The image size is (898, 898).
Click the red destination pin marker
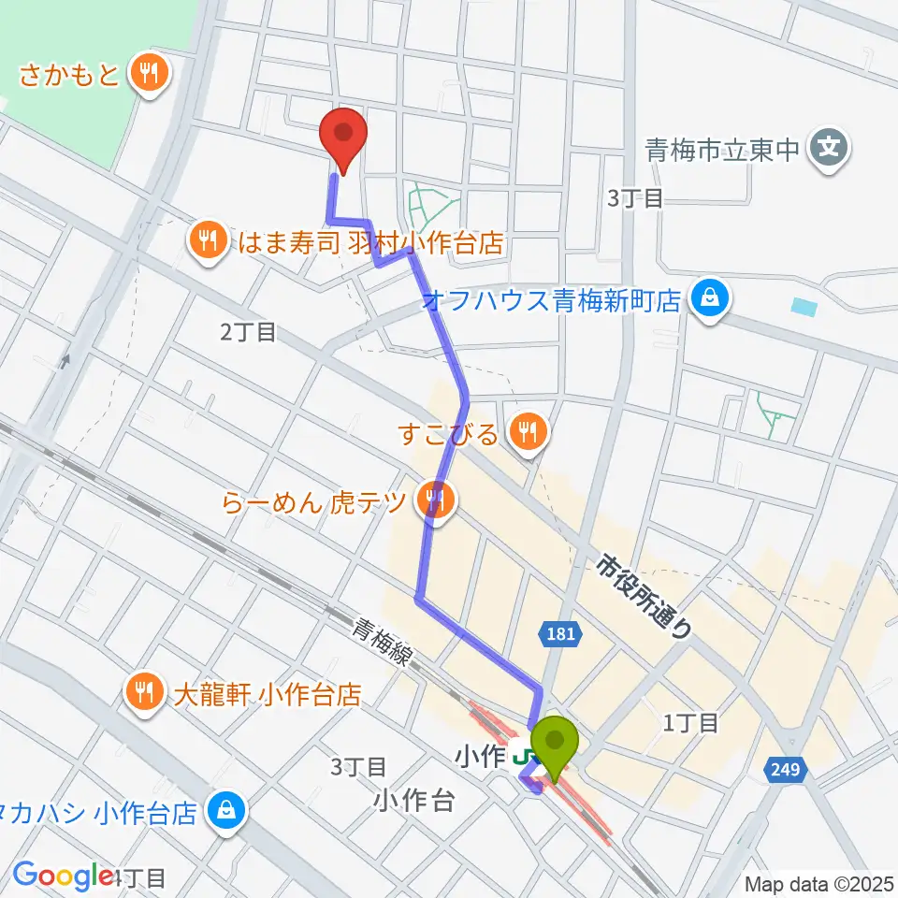342,136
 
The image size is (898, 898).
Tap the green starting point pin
556,745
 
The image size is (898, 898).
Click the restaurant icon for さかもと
148,72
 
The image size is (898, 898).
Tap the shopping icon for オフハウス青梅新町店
709,300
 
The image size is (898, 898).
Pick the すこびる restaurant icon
529,431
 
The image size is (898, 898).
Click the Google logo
63,876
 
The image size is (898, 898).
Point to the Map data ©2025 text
818,883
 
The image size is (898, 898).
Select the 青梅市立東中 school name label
725,149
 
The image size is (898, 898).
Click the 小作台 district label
415,800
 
